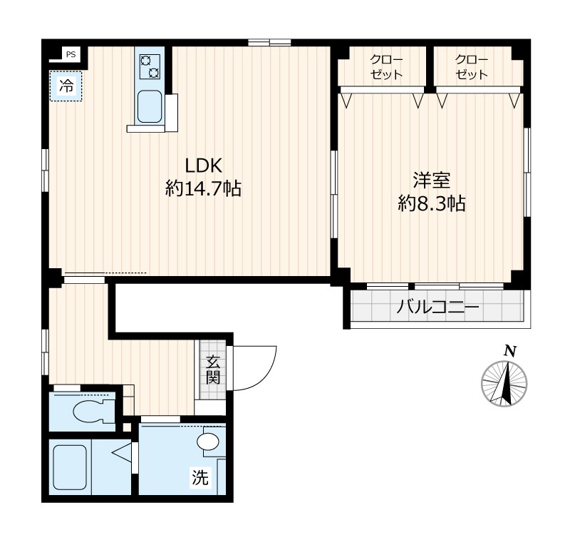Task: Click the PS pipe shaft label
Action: coord(71,55)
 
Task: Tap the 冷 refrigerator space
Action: coord(66,86)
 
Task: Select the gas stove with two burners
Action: coord(150,66)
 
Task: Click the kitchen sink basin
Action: coord(150,106)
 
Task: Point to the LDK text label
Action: coord(204,166)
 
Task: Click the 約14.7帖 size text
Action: coord(204,188)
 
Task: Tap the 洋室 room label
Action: coord(432,180)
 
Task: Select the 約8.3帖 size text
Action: coord(432,203)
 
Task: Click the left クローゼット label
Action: coord(386,67)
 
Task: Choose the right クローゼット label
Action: coord(472,67)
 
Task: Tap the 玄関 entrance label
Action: coord(213,370)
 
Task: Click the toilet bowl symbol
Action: coord(93,411)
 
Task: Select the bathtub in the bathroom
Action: coord(70,467)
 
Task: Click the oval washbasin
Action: coord(208,442)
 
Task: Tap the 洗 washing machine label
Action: coord(201,477)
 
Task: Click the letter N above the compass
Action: coord(510,351)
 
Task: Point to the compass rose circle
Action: coord(504,384)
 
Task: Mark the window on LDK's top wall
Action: coord(269,42)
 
